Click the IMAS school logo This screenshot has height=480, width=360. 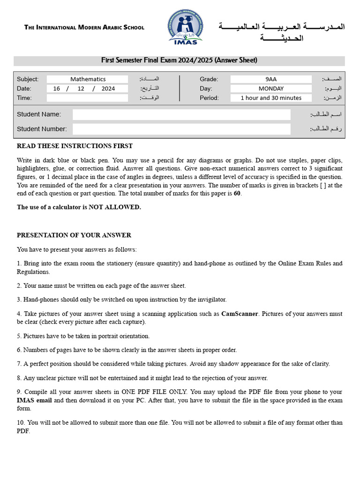pyautogui.click(x=186, y=28)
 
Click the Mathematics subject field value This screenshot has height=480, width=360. pyautogui.click(x=88, y=79)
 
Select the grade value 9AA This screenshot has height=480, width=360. pyautogui.click(x=271, y=79)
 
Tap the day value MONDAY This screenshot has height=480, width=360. pyautogui.click(x=271, y=89)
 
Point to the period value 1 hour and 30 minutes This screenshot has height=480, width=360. pyautogui.click(x=271, y=98)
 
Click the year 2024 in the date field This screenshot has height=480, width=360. pyautogui.click(x=108, y=89)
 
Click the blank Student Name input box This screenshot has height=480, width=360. pyautogui.click(x=181, y=114)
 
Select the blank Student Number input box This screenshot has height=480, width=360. pyautogui.click(x=181, y=129)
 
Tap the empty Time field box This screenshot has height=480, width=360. pyautogui.click(x=87, y=98)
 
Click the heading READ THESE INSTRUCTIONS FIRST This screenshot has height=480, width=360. pyautogui.click(x=75, y=146)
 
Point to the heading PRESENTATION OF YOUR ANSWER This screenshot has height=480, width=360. pyautogui.click(x=74, y=235)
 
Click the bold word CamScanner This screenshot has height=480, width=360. pyautogui.click(x=240, y=314)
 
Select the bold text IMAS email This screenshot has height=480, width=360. pyautogui.click(x=35, y=400)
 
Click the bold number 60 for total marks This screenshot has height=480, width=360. pyautogui.click(x=237, y=194)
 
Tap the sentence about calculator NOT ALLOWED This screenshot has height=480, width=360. pyautogui.click(x=79, y=207)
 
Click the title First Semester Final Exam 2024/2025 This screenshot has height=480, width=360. pyautogui.click(x=180, y=60)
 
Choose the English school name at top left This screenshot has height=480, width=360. pyautogui.click(x=84, y=28)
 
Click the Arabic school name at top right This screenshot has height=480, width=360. pyautogui.click(x=282, y=32)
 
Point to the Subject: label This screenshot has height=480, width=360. pyautogui.click(x=28, y=79)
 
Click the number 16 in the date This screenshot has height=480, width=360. pyautogui.click(x=57, y=89)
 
